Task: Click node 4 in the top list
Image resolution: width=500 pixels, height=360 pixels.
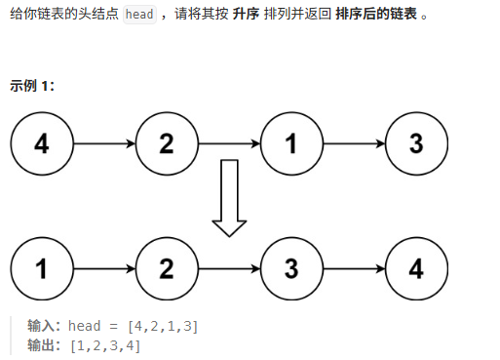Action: pyautogui.click(x=41, y=144)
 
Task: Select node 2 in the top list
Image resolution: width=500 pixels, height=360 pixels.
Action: pyautogui.click(x=166, y=144)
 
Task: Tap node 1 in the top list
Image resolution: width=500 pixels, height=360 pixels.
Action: pyautogui.click(x=291, y=144)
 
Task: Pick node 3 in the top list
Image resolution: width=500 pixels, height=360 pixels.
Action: pyautogui.click(x=416, y=144)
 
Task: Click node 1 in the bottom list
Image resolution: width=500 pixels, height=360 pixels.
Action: pyautogui.click(x=41, y=266)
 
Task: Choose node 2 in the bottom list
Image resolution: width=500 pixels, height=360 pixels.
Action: pyautogui.click(x=166, y=266)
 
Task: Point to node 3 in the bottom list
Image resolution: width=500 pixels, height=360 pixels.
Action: pyautogui.click(x=291, y=266)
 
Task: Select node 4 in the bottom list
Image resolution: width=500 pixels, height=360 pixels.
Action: pyautogui.click(x=416, y=266)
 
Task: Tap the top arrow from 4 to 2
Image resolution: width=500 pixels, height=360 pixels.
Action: pyautogui.click(x=103, y=144)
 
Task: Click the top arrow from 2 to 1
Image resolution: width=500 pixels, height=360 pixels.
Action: pyautogui.click(x=229, y=144)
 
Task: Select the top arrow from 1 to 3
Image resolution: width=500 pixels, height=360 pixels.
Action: pyautogui.click(x=354, y=144)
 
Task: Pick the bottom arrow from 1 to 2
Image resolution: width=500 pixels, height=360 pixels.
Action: pyautogui.click(x=103, y=266)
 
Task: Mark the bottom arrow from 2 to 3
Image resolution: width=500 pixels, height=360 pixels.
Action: pyautogui.click(x=229, y=266)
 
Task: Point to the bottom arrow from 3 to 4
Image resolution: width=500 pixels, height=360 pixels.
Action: pyautogui.click(x=354, y=266)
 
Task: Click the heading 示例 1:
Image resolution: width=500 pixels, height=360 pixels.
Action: pyautogui.click(x=31, y=85)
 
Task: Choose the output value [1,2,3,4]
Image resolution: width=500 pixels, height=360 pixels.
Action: pyautogui.click(x=101, y=344)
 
